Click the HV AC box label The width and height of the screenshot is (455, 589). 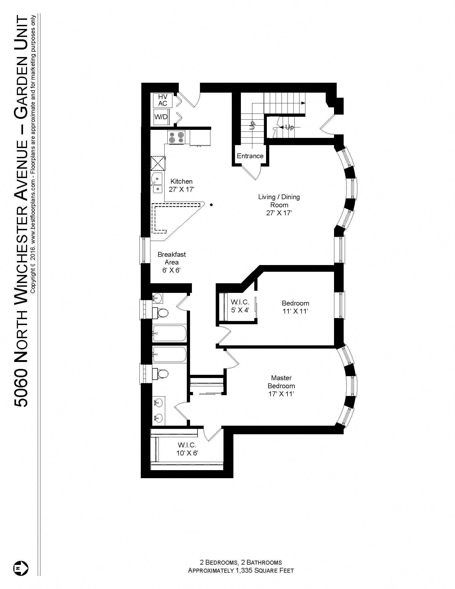click(162, 100)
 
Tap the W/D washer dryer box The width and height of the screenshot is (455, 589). click(161, 117)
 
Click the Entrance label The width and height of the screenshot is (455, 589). click(250, 156)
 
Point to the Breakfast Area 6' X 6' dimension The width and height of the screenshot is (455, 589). click(171, 270)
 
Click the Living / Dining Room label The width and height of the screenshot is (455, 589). click(279, 201)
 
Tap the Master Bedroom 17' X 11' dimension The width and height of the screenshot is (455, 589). click(281, 394)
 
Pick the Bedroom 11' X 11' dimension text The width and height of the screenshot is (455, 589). click(295, 311)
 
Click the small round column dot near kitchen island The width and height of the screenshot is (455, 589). click(212, 205)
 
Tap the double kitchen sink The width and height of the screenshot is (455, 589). click(157, 183)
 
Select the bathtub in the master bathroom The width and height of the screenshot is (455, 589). click(169, 354)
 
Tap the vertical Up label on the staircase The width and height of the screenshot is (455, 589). click(252, 125)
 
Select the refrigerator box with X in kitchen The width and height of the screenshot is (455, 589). click(158, 163)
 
